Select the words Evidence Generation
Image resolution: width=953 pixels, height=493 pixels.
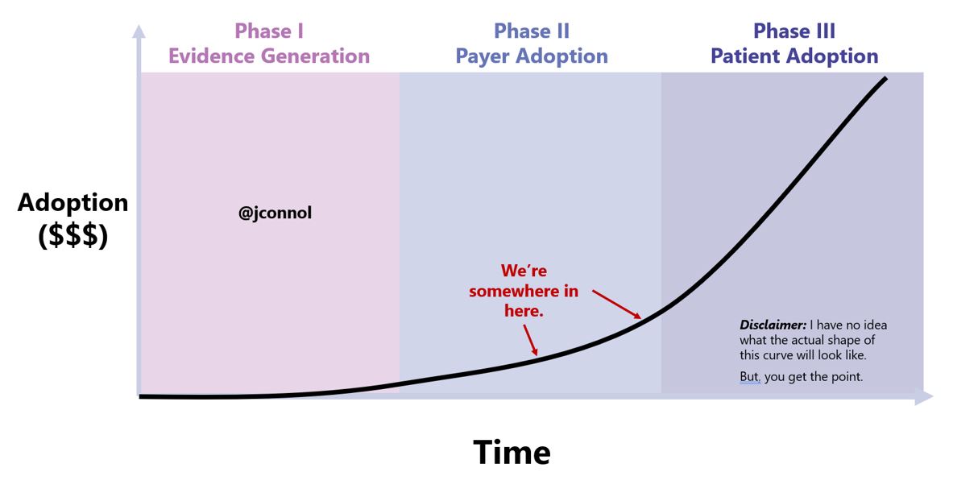click(268, 56)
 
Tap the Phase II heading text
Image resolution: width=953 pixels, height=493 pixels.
click(532, 31)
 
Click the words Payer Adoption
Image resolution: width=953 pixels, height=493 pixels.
click(532, 56)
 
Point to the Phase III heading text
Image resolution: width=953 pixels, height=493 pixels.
click(794, 31)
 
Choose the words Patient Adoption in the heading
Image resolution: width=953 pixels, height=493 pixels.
click(794, 56)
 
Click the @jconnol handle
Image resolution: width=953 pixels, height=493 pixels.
click(275, 214)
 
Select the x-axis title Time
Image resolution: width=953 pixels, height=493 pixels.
click(512, 453)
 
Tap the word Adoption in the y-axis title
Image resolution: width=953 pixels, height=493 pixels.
click(73, 202)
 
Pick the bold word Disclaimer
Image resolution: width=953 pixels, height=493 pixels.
click(773, 325)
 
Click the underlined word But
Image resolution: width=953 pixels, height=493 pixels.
click(749, 377)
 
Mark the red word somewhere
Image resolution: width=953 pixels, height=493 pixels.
click(524, 291)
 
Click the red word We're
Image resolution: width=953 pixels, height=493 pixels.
click(524, 271)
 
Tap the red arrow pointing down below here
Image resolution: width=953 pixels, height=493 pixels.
click(529, 339)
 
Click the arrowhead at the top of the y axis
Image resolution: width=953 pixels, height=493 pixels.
click(139, 31)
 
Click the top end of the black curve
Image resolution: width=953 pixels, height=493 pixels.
click(885, 79)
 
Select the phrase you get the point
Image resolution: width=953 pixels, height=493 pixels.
click(814, 377)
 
